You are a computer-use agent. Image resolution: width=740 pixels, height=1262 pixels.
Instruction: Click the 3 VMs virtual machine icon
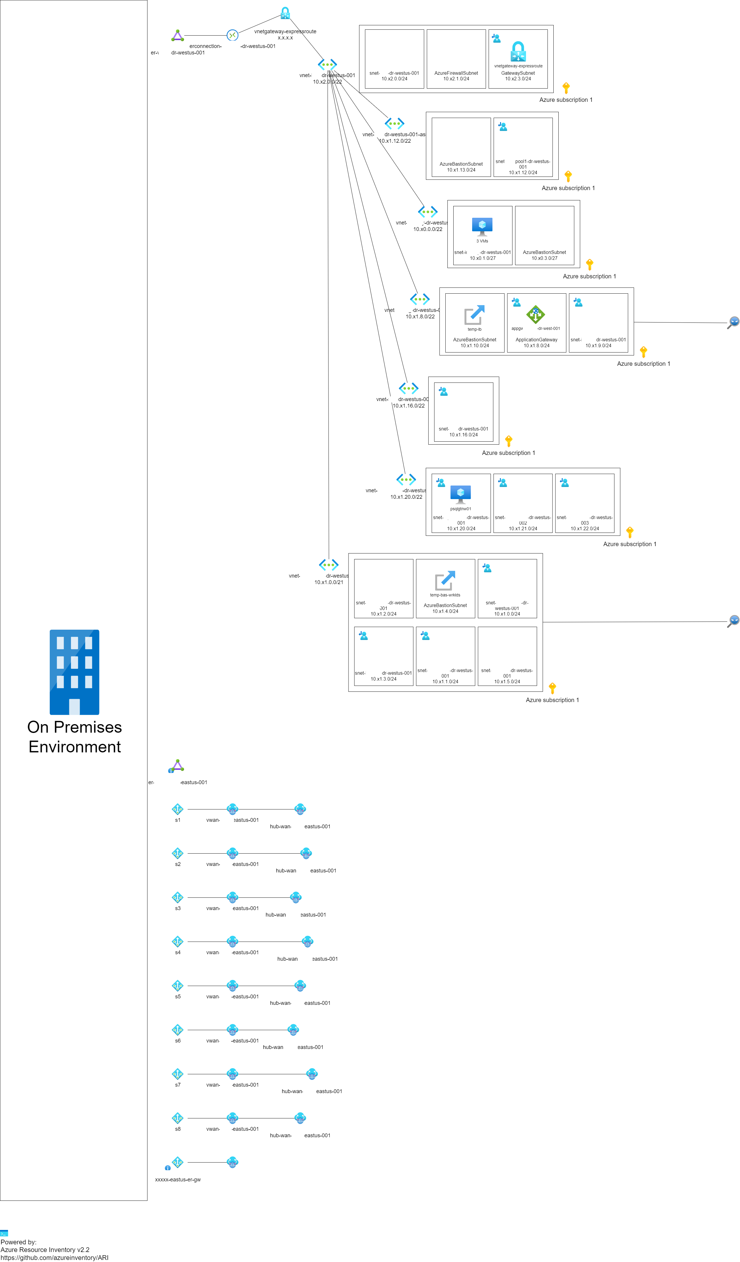pos(482,226)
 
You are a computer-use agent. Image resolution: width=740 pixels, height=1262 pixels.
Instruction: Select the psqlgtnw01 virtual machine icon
pos(460,494)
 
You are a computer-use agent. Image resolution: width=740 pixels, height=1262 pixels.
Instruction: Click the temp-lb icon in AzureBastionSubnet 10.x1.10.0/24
pos(474,315)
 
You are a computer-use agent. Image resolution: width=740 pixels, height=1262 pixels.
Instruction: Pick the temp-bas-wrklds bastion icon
pos(445,581)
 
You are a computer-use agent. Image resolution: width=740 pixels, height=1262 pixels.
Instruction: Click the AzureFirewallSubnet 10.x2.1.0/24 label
pos(456,76)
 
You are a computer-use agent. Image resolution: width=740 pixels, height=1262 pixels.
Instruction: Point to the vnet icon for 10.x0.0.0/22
pos(427,212)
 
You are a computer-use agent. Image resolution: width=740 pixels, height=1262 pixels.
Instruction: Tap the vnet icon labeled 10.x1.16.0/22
pos(408,388)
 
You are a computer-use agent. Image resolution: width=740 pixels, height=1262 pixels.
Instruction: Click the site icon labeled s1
pos(177,809)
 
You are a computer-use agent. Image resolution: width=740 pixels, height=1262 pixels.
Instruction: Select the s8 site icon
pos(177,1118)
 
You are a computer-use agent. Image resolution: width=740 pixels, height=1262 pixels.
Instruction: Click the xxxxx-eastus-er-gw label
pos(178,1179)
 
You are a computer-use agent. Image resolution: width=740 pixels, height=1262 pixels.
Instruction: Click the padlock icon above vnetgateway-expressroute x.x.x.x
pos(285,13)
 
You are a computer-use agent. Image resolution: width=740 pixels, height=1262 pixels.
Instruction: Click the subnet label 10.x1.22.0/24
pos(584,528)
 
